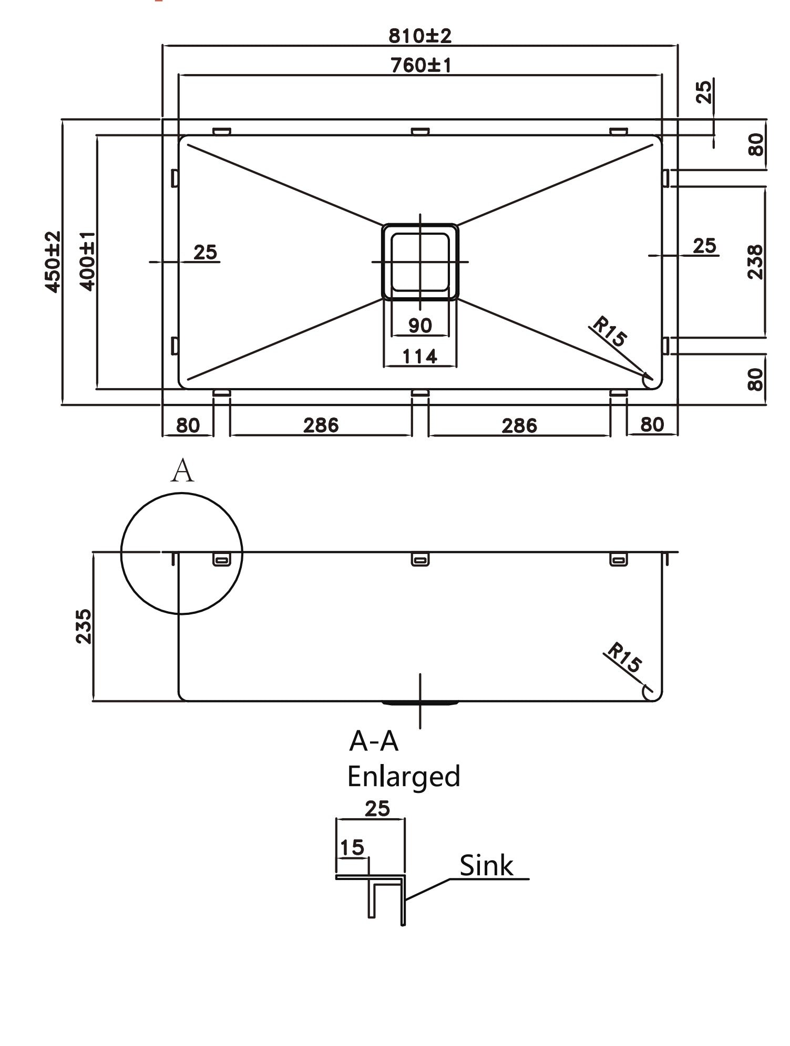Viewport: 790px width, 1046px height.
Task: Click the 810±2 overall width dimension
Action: tap(420, 36)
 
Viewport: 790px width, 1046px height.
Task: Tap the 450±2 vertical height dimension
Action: tap(53, 261)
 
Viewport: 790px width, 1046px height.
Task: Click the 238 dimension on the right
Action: tap(755, 261)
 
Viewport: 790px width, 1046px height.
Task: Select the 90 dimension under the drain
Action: tap(420, 326)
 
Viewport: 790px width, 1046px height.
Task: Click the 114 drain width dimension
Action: tap(419, 357)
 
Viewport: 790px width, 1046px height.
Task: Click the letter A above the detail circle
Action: tap(182, 471)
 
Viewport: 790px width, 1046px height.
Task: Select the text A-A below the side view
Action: tap(374, 741)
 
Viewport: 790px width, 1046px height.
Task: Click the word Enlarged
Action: tap(403, 776)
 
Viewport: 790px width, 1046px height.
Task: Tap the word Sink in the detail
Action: tap(486, 865)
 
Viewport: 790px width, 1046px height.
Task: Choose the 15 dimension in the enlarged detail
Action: tap(352, 846)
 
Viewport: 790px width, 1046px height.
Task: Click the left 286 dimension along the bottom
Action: tap(321, 425)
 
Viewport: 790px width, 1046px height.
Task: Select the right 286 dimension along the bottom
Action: tap(519, 425)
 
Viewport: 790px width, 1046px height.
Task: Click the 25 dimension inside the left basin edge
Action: tap(205, 252)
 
